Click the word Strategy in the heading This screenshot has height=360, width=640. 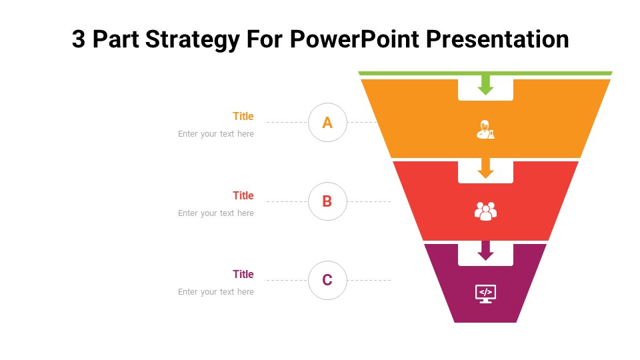click(192, 40)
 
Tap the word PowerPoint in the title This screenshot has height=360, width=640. click(354, 39)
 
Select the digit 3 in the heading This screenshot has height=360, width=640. click(79, 39)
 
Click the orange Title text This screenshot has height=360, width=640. click(243, 116)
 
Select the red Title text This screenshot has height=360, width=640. click(243, 195)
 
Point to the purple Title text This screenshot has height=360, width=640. click(243, 274)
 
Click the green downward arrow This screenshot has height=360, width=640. click(485, 85)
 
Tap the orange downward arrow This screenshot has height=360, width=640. click(485, 168)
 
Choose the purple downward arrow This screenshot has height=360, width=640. click(485, 251)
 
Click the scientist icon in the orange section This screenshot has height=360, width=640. click(485, 130)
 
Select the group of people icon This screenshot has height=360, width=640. click(485, 211)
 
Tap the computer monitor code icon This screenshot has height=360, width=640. click(485, 294)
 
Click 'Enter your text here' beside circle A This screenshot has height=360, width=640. click(216, 134)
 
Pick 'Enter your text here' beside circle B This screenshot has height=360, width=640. click(216, 213)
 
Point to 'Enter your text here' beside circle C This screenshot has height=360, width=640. click(216, 292)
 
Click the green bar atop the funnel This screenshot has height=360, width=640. click(485, 73)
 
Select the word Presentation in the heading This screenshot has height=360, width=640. click(497, 39)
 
